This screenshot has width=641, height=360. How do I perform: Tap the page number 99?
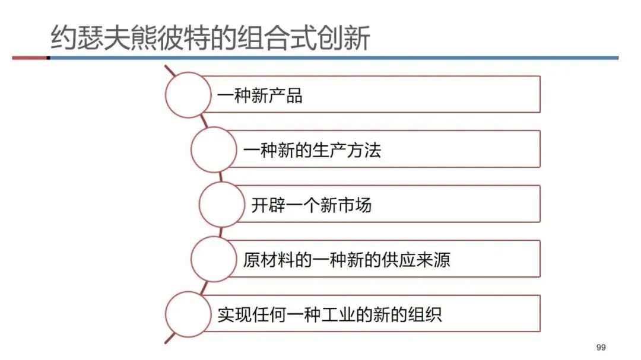[x=600, y=347]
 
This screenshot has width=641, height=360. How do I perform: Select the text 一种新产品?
[x=260, y=95]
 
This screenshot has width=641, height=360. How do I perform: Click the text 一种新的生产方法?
[x=312, y=150]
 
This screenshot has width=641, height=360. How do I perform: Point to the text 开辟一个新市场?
[x=311, y=205]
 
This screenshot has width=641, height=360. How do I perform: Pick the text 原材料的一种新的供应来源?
[x=346, y=260]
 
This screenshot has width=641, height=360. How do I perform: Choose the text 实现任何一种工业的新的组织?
[x=329, y=314]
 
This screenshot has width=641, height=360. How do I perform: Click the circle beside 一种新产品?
[x=188, y=95]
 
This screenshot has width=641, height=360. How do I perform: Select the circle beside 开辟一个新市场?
[x=221, y=205]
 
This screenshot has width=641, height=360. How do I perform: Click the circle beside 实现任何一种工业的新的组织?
[x=188, y=314]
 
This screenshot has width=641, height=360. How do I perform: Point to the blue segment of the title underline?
[x=332, y=58]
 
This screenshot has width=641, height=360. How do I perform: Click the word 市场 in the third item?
[x=355, y=205]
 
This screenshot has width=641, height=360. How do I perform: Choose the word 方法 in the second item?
[x=363, y=150]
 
